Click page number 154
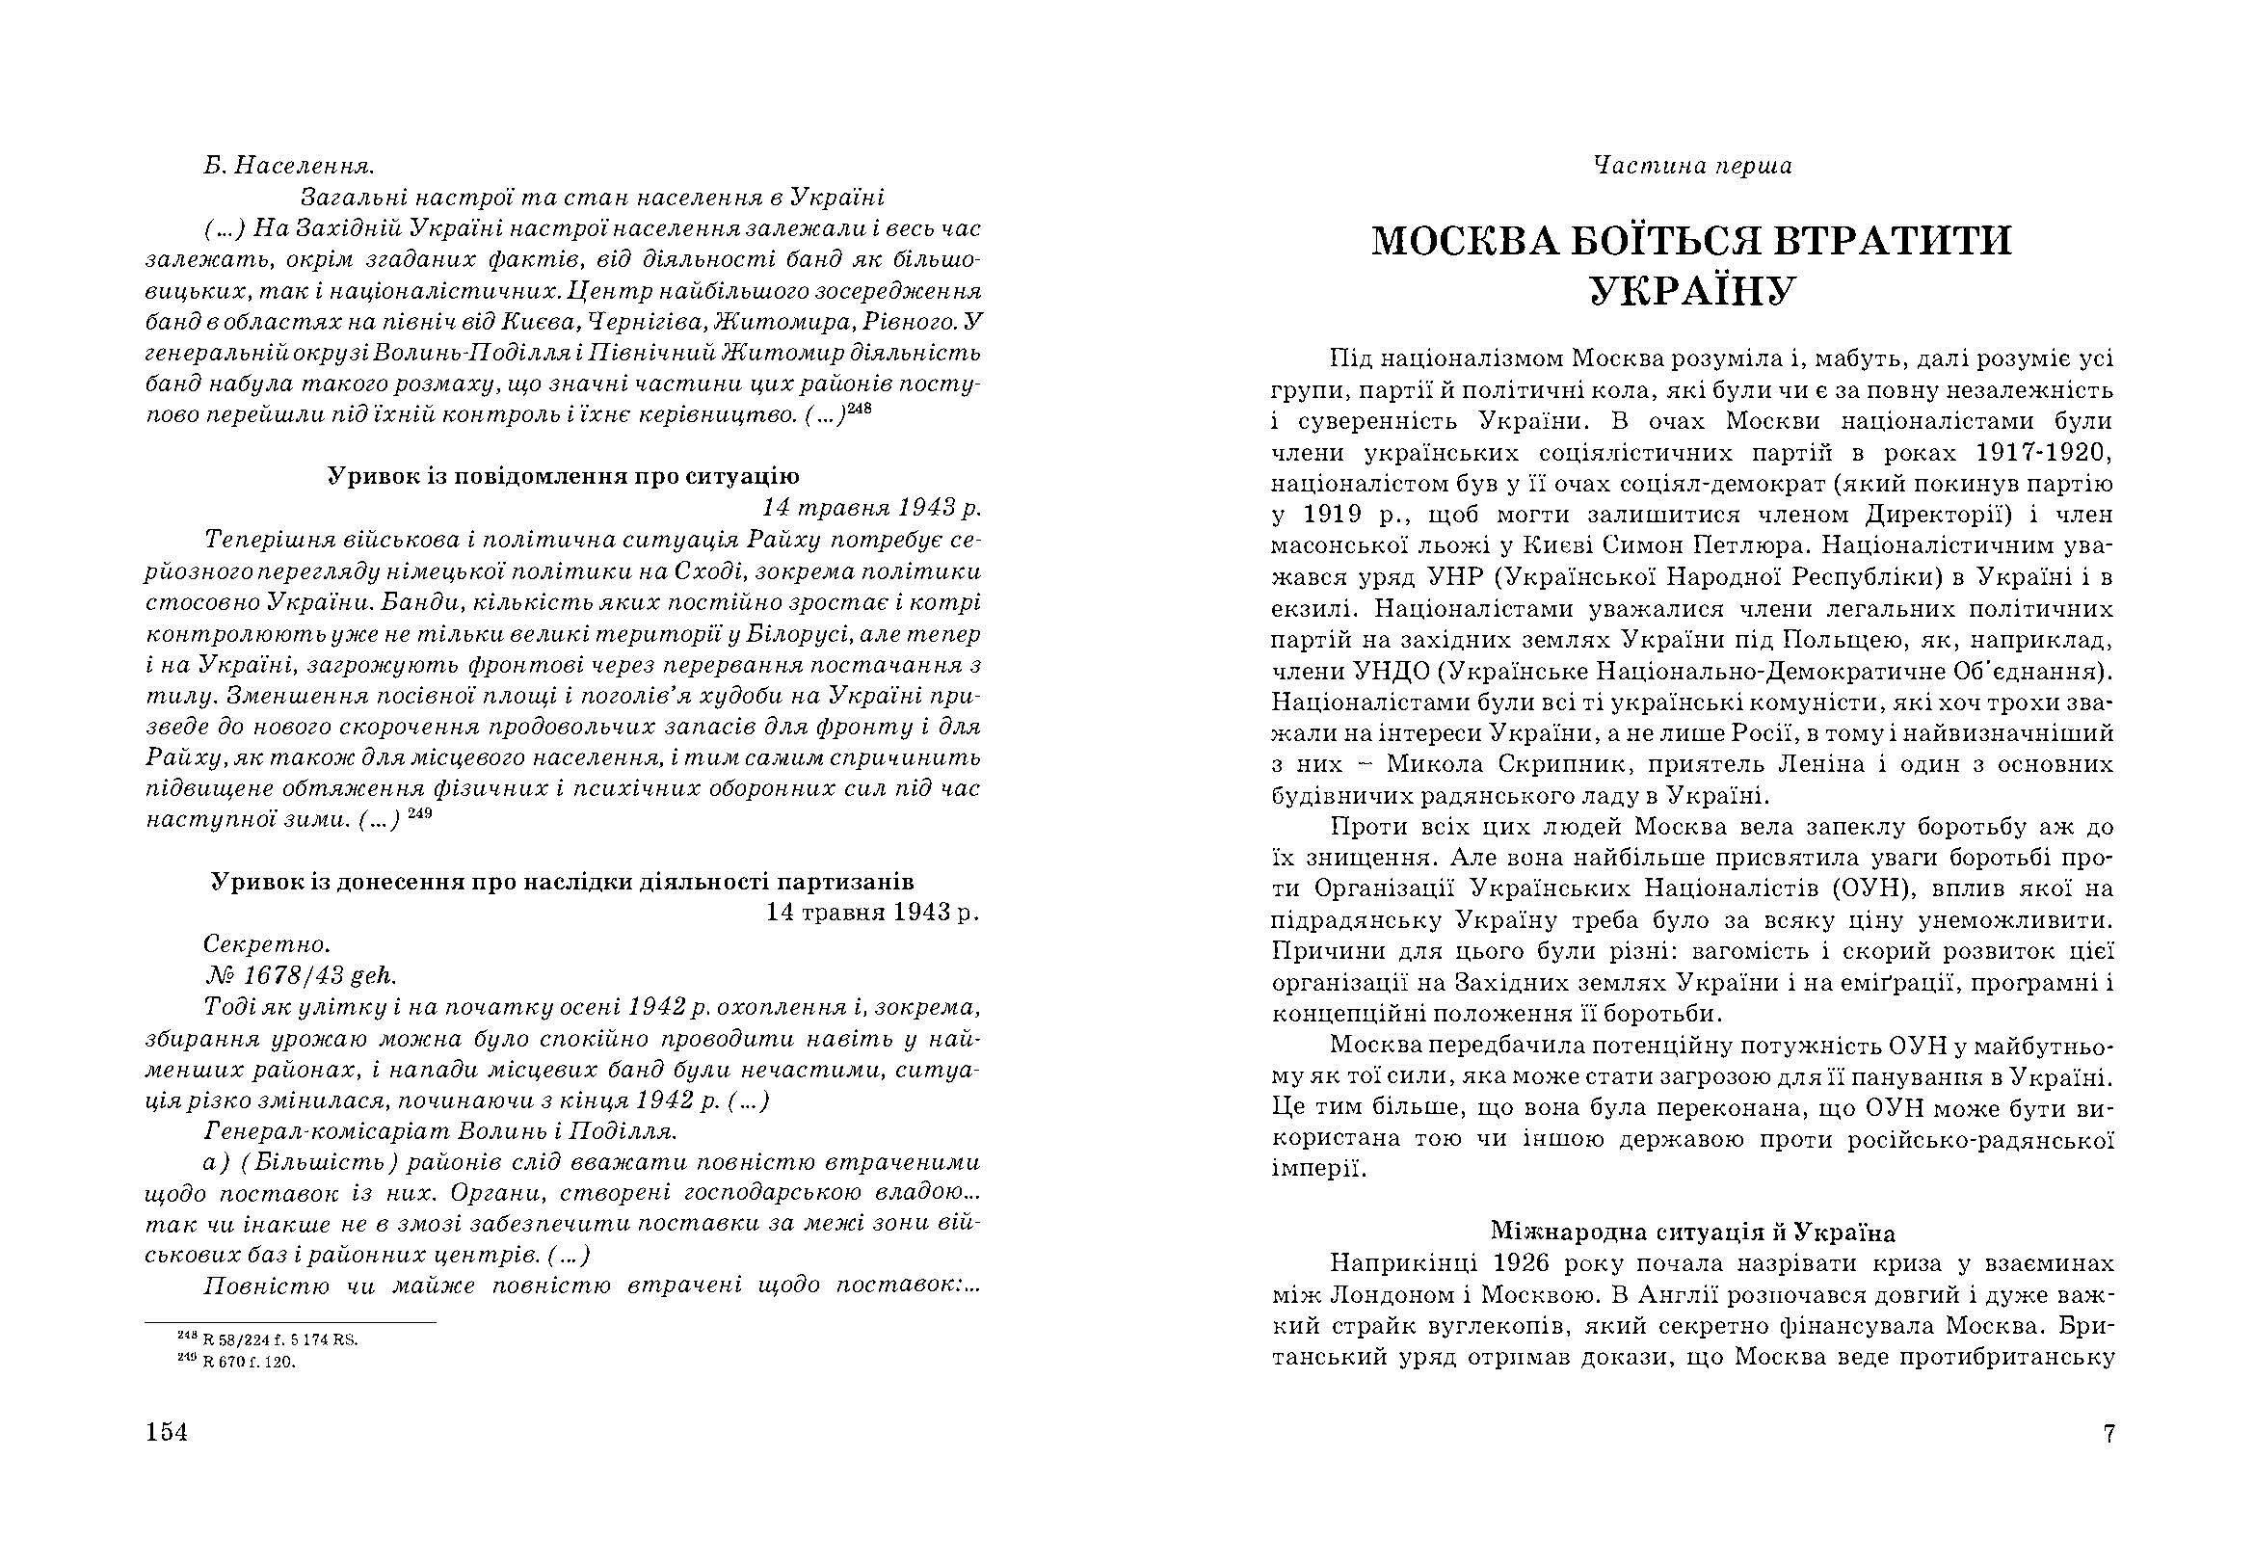click(x=166, y=1433)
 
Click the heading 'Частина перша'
click(x=1691, y=166)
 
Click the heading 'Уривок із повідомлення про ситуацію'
click(x=563, y=476)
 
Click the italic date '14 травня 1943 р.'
click(x=871, y=509)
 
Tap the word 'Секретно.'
click(x=268, y=944)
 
